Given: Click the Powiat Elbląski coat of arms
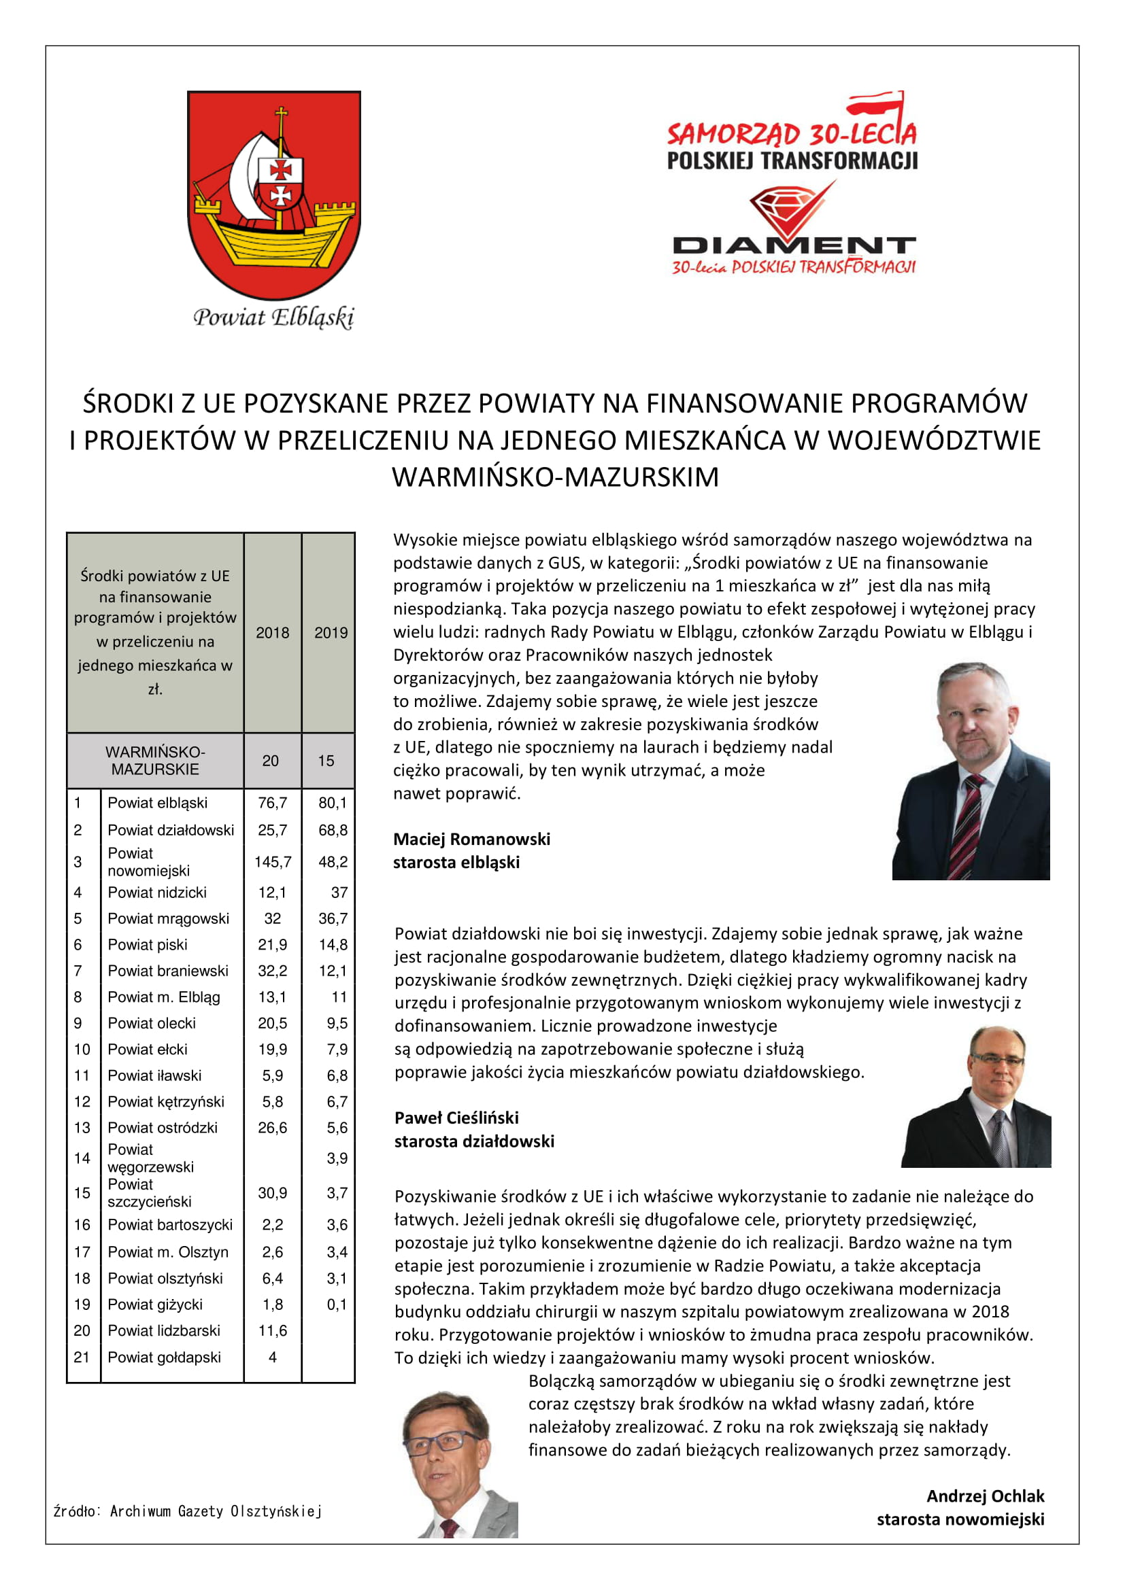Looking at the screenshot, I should click(x=273, y=195).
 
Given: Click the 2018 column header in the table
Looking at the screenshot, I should click(x=272, y=632).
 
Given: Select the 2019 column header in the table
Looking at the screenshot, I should click(x=331, y=632).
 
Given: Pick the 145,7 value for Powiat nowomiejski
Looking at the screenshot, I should click(x=272, y=861).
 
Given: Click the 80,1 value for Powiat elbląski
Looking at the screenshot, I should click(x=333, y=803).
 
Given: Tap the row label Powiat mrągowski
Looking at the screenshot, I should click(x=168, y=918).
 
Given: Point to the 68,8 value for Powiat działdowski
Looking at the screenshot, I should click(x=333, y=829).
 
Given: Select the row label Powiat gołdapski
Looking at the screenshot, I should click(x=164, y=1357).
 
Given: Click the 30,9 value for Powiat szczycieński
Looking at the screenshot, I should click(x=272, y=1192).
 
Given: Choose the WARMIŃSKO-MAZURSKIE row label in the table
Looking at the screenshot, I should click(x=155, y=761).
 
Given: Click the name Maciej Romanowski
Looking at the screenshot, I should click(x=471, y=839).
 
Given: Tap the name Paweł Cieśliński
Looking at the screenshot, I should click(x=456, y=1117).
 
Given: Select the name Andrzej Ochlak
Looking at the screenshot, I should click(x=984, y=1496).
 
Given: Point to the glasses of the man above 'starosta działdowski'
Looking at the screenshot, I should click(x=997, y=1059).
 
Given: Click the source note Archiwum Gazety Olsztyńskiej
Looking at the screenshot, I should click(x=188, y=1511).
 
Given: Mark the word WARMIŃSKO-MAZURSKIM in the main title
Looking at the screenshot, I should click(x=555, y=477).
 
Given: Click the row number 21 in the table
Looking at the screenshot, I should click(x=82, y=1357).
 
